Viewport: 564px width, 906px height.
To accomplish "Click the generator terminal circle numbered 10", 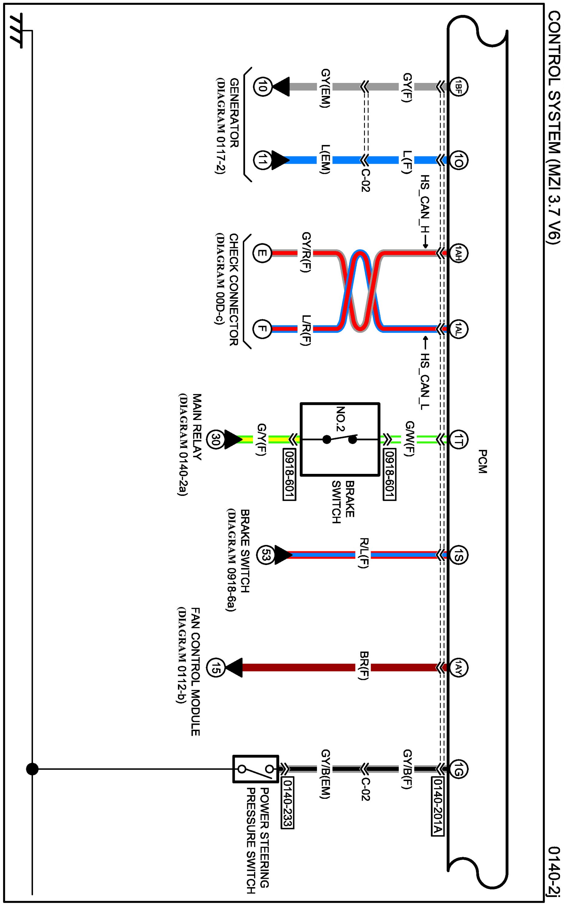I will [262, 87].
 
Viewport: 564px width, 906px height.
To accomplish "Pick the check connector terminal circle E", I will [262, 254].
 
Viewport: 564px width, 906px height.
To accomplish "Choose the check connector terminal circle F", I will [262, 329].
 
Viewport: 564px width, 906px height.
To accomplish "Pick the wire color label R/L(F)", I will [364, 555].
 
